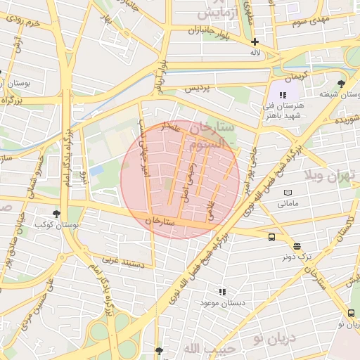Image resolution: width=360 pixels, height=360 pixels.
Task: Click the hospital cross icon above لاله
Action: pos(255,41)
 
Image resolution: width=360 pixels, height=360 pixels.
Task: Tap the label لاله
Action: pos(255,53)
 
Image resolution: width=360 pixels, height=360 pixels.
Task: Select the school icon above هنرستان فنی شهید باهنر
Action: pos(283,95)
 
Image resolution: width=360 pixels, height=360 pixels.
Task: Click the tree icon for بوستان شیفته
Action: pos(342,83)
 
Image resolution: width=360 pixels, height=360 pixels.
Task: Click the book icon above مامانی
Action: pos(288,193)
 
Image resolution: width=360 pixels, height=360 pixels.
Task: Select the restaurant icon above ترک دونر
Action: pos(297,246)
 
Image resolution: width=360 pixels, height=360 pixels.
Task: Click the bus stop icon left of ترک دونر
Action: pos(272,237)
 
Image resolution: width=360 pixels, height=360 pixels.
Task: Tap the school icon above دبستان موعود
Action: pos(222,291)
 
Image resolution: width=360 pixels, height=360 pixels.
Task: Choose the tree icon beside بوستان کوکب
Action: pos(56,214)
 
